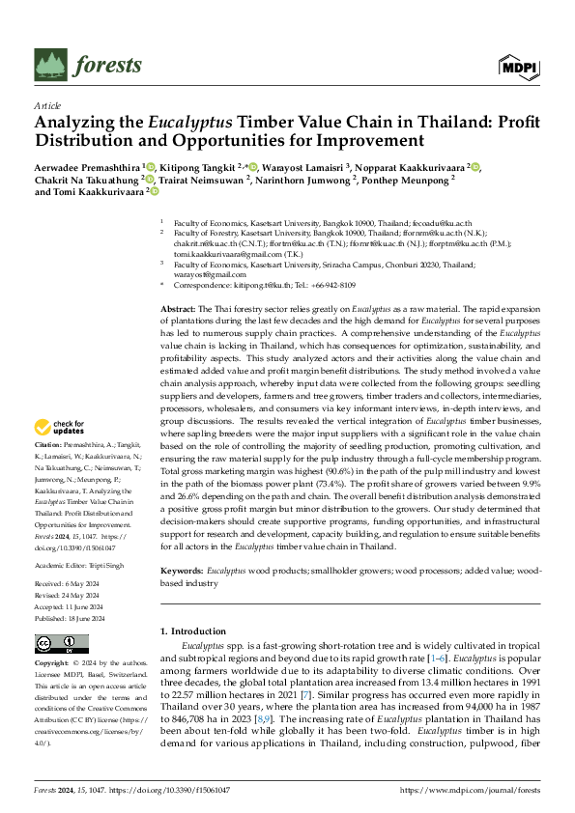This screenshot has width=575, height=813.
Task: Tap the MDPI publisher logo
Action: [519, 66]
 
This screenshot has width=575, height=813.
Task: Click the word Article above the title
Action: [46, 105]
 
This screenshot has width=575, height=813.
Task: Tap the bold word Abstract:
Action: [178, 306]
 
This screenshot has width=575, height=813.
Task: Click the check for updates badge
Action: [58, 427]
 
